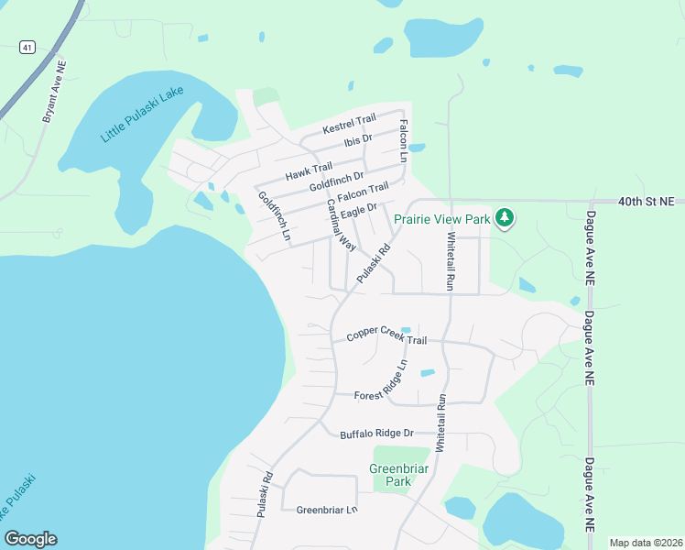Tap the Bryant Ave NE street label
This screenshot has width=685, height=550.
click(x=55, y=93)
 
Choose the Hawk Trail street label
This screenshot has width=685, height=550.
click(x=309, y=170)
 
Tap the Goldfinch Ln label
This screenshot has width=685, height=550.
click(x=274, y=216)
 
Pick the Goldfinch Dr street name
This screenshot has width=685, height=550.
click(x=337, y=181)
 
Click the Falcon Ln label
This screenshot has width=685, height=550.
click(x=403, y=141)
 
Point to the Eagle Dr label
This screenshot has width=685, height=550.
click(x=359, y=212)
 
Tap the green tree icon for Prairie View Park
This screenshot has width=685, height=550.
click(x=504, y=218)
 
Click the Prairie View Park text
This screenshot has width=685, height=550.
click(x=441, y=219)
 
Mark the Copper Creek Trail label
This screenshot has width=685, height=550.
click(x=386, y=337)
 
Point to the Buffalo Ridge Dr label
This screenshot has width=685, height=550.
click(x=377, y=434)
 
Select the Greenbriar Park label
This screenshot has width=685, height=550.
click(x=398, y=475)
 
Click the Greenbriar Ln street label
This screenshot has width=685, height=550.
click(x=326, y=510)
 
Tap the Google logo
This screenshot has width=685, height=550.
click(x=30, y=539)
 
